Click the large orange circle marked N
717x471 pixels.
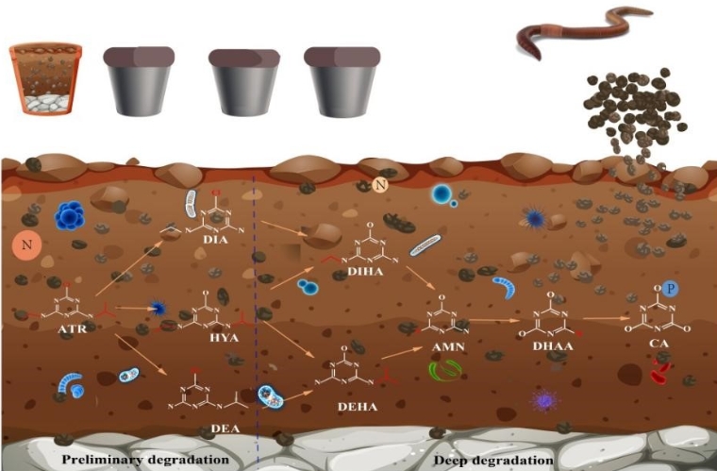click(27, 247)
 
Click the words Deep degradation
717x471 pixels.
click(493, 460)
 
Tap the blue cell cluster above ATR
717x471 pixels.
click(71, 217)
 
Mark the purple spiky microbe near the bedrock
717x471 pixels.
click(544, 401)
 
